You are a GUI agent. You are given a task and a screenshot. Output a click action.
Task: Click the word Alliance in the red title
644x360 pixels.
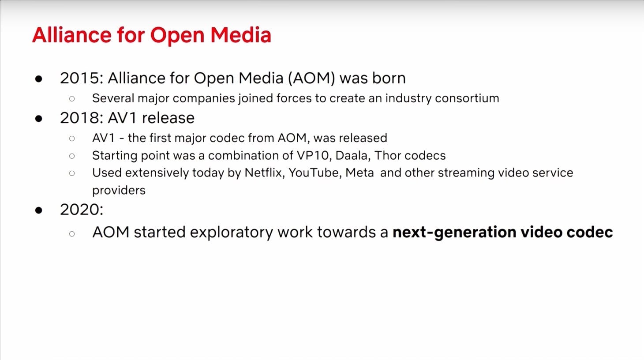click(x=71, y=35)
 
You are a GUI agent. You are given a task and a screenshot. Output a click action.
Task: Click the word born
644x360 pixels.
click(x=389, y=78)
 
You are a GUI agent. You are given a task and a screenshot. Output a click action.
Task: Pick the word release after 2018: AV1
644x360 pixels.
click(x=168, y=118)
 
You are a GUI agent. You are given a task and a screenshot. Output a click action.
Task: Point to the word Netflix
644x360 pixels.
click(x=264, y=172)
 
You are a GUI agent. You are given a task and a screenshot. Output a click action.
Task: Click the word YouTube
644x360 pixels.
click(x=315, y=172)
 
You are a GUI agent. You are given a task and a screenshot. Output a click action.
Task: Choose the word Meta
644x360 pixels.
click(x=359, y=172)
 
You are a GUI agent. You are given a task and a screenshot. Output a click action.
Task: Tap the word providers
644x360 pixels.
click(x=119, y=190)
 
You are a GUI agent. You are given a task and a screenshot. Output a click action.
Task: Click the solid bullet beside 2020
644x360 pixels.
click(x=39, y=210)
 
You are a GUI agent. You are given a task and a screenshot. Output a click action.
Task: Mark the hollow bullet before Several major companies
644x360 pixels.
click(x=72, y=98)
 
